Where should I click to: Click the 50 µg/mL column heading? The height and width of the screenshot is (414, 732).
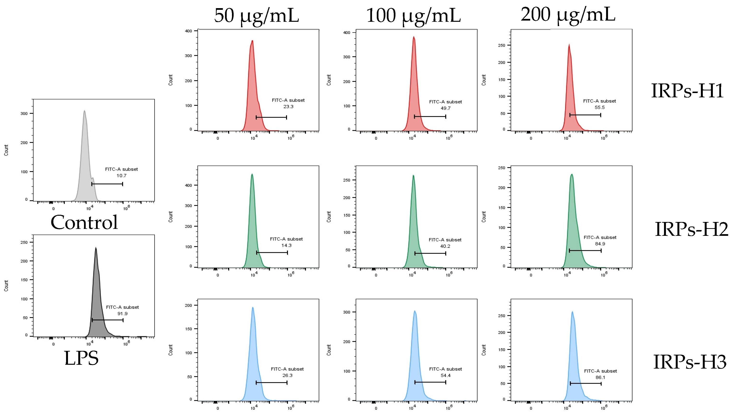[256, 16]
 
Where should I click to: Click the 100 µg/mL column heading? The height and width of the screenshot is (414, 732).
[413, 16]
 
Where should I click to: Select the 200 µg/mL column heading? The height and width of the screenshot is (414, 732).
[568, 15]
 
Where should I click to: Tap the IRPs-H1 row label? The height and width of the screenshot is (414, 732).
[687, 91]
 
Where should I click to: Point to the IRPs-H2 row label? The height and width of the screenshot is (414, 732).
[691, 229]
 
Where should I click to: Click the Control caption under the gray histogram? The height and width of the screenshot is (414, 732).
[84, 222]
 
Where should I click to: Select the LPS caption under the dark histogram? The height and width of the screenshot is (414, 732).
[81, 358]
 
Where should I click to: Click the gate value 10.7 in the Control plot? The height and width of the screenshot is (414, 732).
[121, 176]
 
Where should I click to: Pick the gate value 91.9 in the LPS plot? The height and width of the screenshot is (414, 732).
[123, 314]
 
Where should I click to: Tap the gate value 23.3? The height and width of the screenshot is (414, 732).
[288, 107]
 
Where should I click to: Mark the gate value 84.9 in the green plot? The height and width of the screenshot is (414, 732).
[600, 244]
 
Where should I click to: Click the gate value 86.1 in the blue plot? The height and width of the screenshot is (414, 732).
[600, 378]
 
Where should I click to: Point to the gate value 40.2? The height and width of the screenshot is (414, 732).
[445, 246]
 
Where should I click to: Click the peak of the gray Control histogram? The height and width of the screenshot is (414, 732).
[84, 111]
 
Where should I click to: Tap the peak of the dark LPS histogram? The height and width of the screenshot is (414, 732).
[96, 248]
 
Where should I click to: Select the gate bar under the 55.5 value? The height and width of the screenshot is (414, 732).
[585, 115]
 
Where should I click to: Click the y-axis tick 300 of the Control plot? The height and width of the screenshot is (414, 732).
[24, 113]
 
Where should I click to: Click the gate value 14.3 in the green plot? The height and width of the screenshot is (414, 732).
[287, 245]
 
